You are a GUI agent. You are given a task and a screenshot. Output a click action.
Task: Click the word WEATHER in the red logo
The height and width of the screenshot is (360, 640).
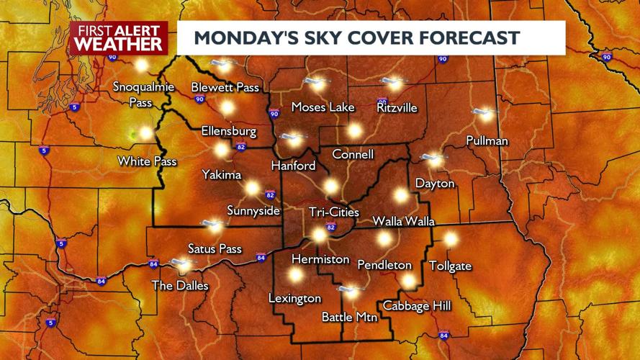click(119, 44)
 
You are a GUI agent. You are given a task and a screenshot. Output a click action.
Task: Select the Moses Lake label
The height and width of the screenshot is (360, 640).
click(323, 107)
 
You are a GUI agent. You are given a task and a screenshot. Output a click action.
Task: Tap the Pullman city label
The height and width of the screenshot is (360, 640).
click(487, 140)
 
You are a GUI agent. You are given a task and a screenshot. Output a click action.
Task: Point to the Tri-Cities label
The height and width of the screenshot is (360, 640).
click(333, 212)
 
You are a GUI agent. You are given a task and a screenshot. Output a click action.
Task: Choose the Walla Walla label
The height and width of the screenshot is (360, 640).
click(403, 221)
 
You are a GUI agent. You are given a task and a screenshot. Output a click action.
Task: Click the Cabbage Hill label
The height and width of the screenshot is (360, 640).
click(417, 306)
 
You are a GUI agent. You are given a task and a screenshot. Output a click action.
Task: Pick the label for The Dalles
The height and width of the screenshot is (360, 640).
click(179, 286)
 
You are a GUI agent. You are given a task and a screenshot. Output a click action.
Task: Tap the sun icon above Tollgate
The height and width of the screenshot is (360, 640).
click(451, 238)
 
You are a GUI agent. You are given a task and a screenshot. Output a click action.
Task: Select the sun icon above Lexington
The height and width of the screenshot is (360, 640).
click(295, 274)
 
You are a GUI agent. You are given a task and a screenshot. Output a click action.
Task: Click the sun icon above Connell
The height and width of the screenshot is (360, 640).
click(353, 130)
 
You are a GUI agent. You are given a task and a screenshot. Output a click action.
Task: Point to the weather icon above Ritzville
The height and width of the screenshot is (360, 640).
click(392, 82)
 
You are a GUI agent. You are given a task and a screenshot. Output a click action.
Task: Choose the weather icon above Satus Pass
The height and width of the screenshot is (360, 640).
click(213, 225)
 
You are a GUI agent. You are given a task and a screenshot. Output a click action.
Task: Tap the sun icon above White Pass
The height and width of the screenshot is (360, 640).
click(146, 133)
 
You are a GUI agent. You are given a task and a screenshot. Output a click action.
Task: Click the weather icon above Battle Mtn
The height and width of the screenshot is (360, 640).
click(350, 292)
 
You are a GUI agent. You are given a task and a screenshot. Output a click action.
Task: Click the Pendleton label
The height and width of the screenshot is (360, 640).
click(384, 265)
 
